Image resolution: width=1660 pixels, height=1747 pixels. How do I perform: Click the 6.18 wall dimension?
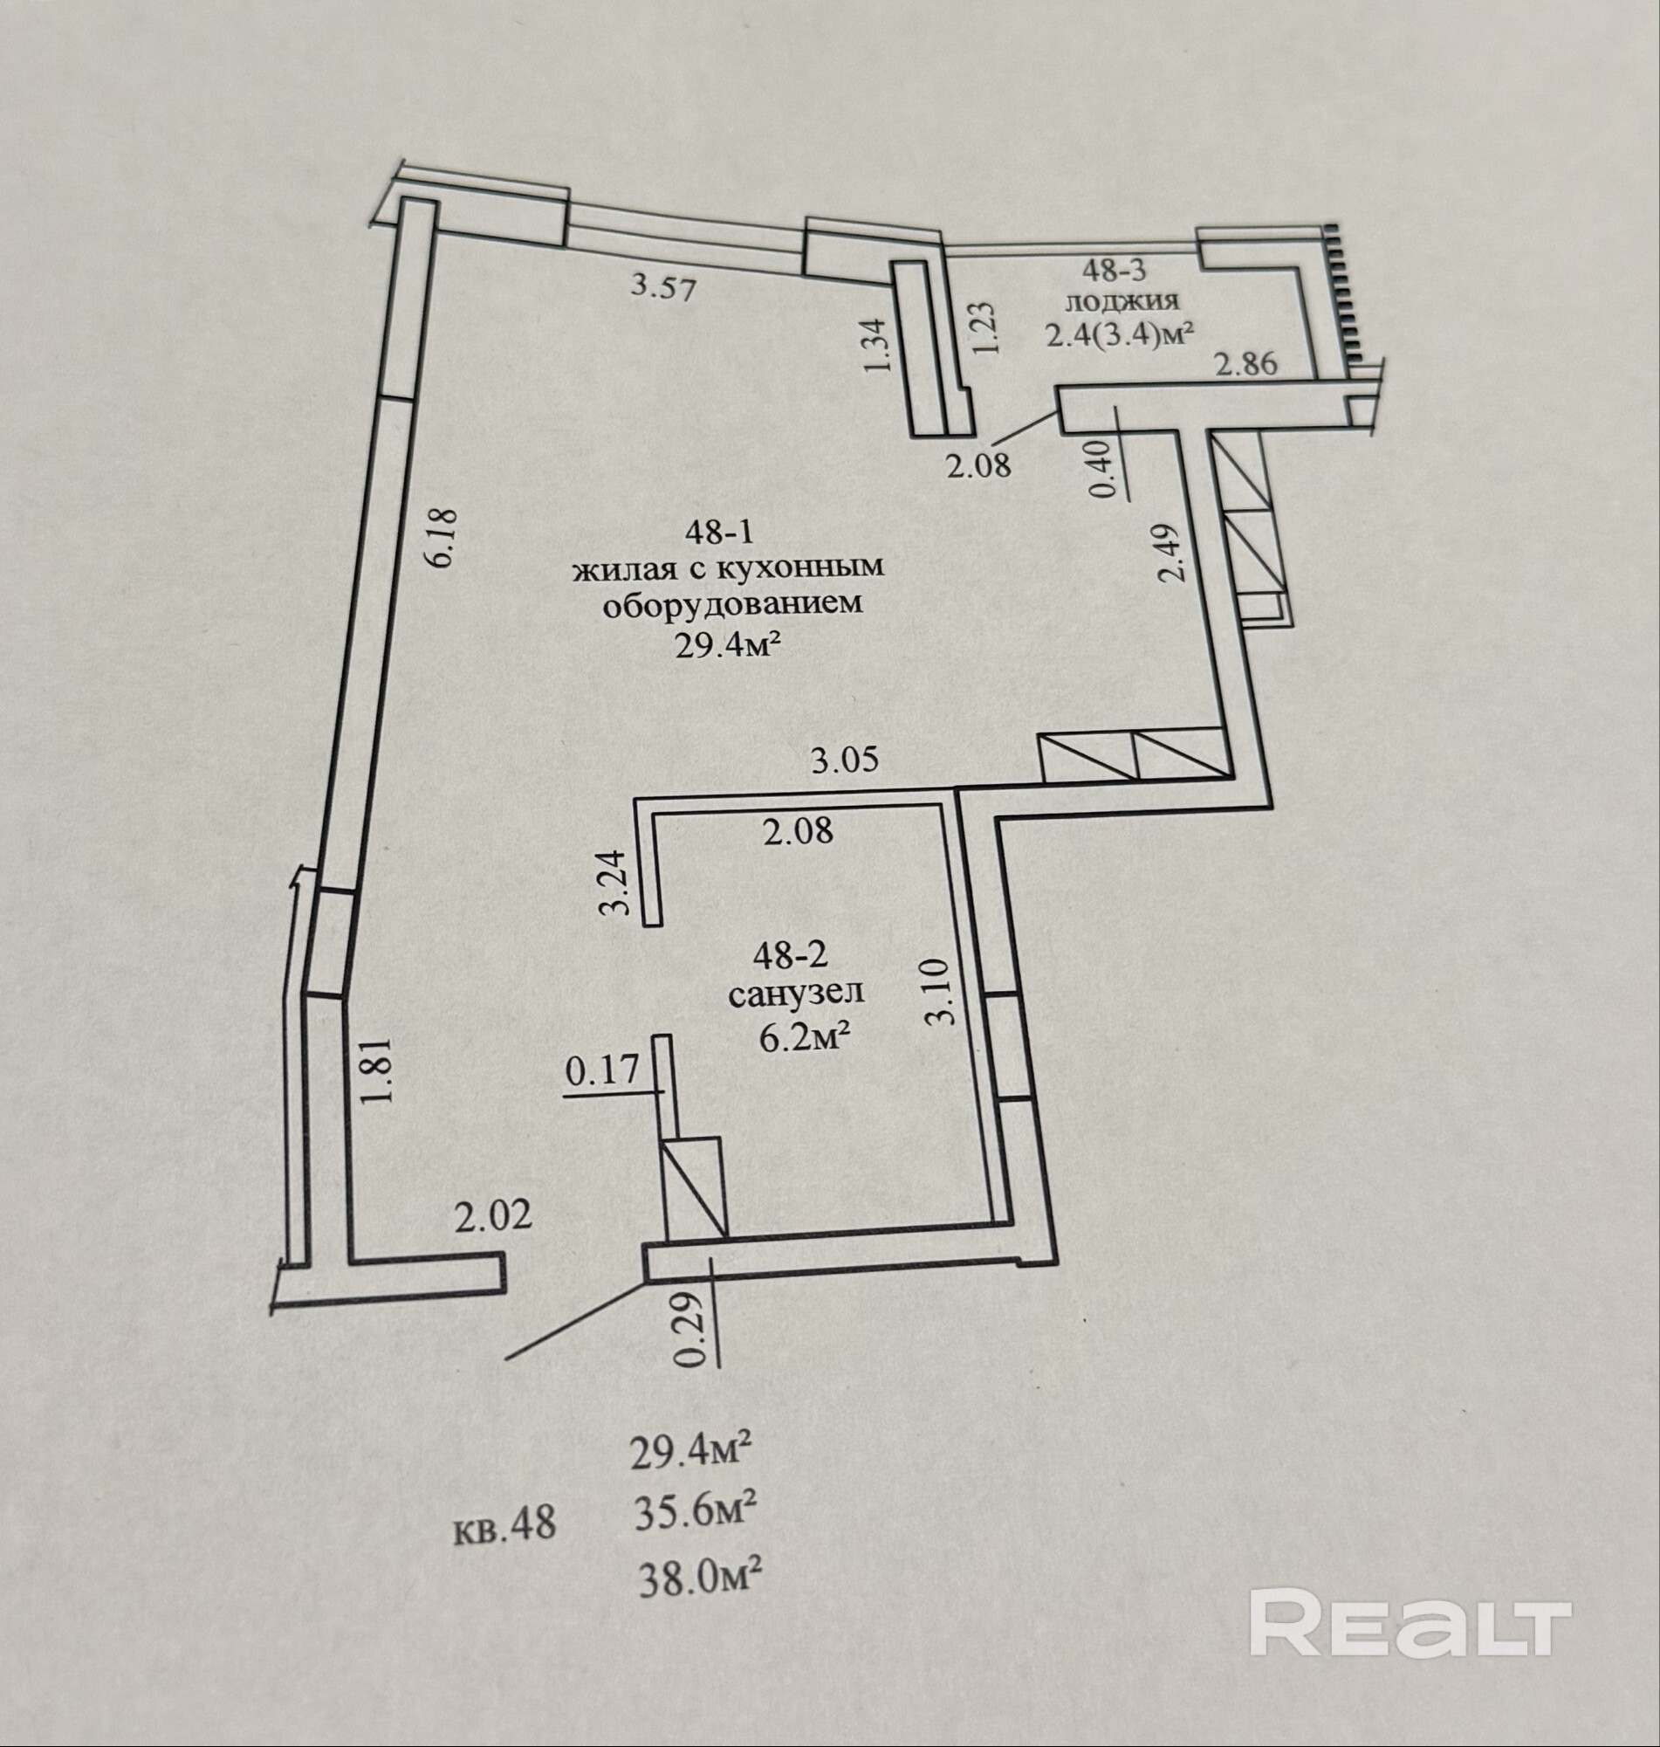[x=443, y=537]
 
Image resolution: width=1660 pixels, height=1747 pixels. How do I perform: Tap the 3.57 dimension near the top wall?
[x=663, y=286]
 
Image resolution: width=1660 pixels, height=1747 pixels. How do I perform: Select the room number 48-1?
[x=717, y=532]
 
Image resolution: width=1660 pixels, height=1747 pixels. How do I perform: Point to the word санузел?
[x=795, y=994]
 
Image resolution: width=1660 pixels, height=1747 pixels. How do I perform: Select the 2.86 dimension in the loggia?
[x=1247, y=363]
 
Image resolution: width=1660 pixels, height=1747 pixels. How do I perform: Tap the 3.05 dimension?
[x=845, y=760]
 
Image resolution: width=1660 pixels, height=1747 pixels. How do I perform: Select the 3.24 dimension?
[x=614, y=883]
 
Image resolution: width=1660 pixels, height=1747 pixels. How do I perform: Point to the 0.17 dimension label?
[x=601, y=1072]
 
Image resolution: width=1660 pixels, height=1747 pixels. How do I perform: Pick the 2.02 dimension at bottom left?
[x=494, y=1216]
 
